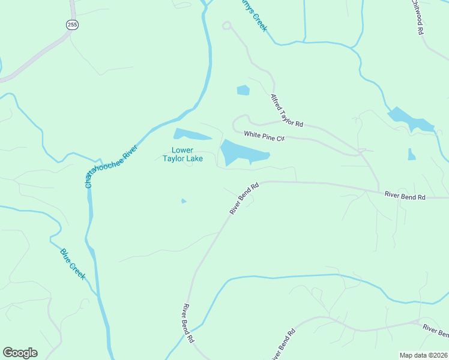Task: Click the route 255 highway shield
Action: point(73,25)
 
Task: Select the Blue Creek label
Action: point(73,264)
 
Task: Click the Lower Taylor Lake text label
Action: point(182,154)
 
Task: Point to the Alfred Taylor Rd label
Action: point(286,110)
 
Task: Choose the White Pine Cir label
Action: point(263,136)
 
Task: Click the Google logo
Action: point(20,353)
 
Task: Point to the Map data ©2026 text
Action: point(423,355)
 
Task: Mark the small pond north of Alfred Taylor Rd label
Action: point(243,91)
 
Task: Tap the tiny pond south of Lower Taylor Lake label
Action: point(184,201)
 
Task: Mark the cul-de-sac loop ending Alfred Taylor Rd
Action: point(226,25)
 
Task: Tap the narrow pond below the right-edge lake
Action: point(411,155)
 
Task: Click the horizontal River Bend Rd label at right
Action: point(405,196)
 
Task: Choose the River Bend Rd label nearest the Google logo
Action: point(187,323)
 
